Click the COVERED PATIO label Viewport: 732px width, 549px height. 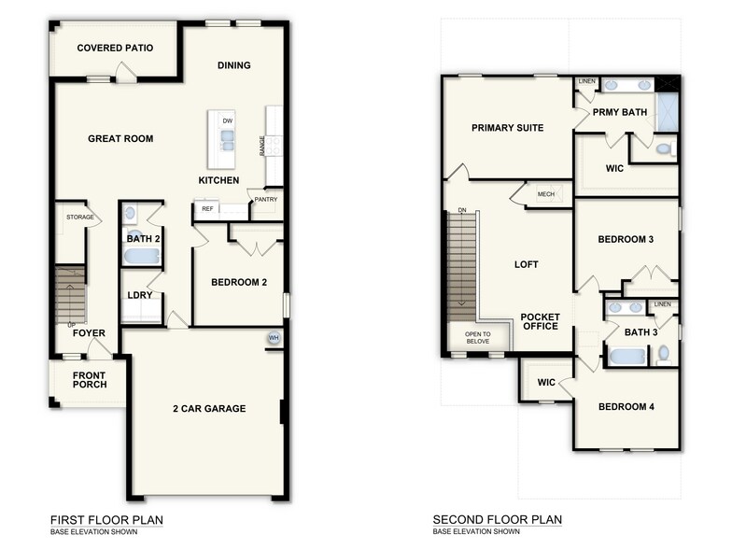[x=115, y=48]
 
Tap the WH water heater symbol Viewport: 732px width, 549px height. [x=274, y=338]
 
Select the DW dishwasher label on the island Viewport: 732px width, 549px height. [x=227, y=121]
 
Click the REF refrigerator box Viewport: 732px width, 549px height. [x=207, y=209]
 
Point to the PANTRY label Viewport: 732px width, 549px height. [x=265, y=199]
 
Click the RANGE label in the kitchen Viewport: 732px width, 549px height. [x=262, y=145]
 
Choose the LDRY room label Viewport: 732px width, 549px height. [x=140, y=296]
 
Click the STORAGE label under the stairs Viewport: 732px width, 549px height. [x=79, y=217]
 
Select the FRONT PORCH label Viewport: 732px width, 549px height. [x=91, y=379]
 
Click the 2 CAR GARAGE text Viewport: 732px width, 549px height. [x=209, y=408]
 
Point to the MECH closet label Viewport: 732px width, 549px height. [x=546, y=194]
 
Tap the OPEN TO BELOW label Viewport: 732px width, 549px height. [x=477, y=337]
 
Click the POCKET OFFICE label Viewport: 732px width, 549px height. [x=540, y=321]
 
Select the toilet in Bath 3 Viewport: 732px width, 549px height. [x=663, y=354]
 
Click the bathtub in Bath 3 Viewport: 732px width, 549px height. [x=625, y=355]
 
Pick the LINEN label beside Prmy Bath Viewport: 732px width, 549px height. [x=586, y=81]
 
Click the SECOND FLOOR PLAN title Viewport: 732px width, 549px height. [x=497, y=519]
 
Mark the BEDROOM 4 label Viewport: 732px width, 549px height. [x=626, y=407]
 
